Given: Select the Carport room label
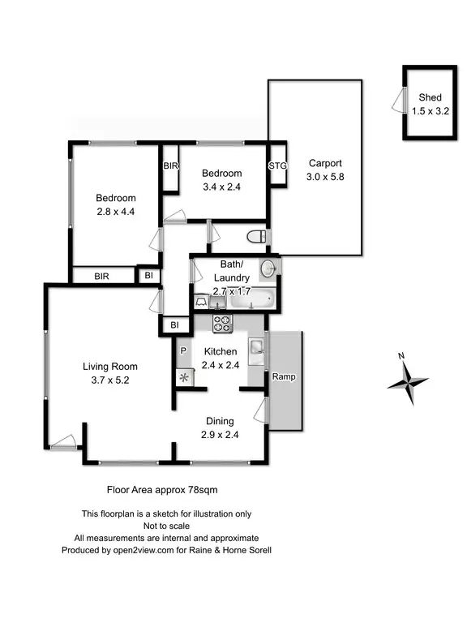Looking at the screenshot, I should (324, 162).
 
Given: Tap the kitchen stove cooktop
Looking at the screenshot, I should (222, 324).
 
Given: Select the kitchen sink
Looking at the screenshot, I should (256, 348).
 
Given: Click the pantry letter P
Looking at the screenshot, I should (183, 351).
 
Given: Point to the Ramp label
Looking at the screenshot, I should (283, 377).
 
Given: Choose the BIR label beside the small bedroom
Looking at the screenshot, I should (170, 165).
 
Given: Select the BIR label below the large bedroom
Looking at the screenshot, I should (101, 277).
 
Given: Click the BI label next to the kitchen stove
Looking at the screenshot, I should (174, 325).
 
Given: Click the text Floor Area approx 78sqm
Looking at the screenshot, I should (162, 489).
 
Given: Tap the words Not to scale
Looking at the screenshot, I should (166, 526).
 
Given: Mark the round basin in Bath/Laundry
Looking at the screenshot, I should (268, 268).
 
